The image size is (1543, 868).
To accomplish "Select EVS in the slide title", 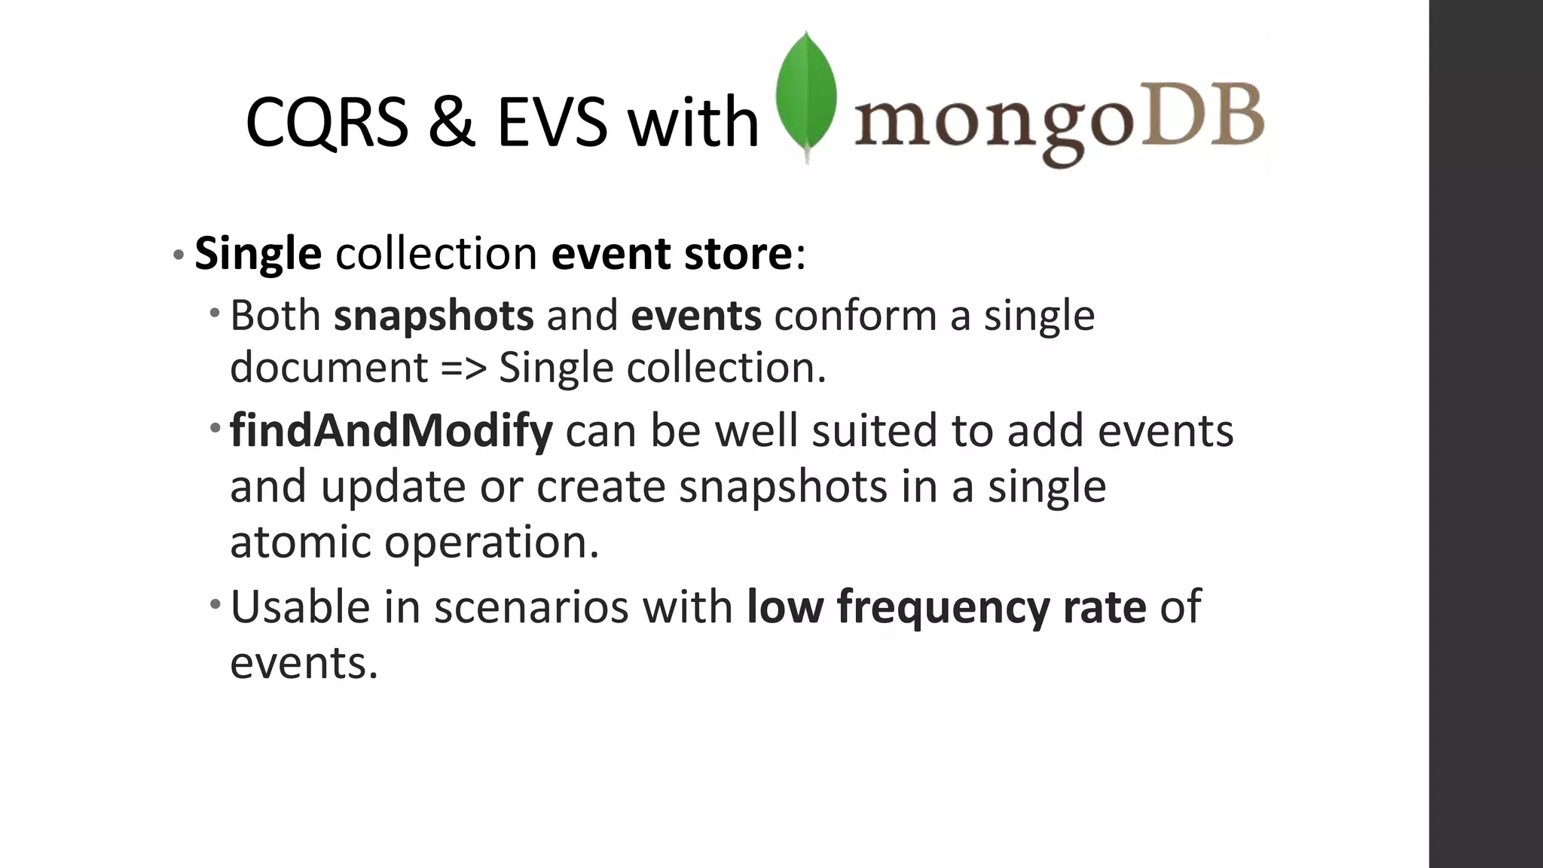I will (x=552, y=123).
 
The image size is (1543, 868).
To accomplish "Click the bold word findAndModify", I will (x=391, y=431).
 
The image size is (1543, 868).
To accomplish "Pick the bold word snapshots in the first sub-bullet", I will (x=434, y=315).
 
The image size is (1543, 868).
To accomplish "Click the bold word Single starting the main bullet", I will (x=258, y=253).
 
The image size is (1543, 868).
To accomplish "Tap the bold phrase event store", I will (x=671, y=253).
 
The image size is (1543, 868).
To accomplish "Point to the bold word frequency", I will (x=943, y=607).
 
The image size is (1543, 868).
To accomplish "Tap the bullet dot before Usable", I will (x=215, y=603).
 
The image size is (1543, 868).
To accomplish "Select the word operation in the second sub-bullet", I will (x=491, y=542).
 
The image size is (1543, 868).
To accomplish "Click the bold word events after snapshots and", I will (x=695, y=315).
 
